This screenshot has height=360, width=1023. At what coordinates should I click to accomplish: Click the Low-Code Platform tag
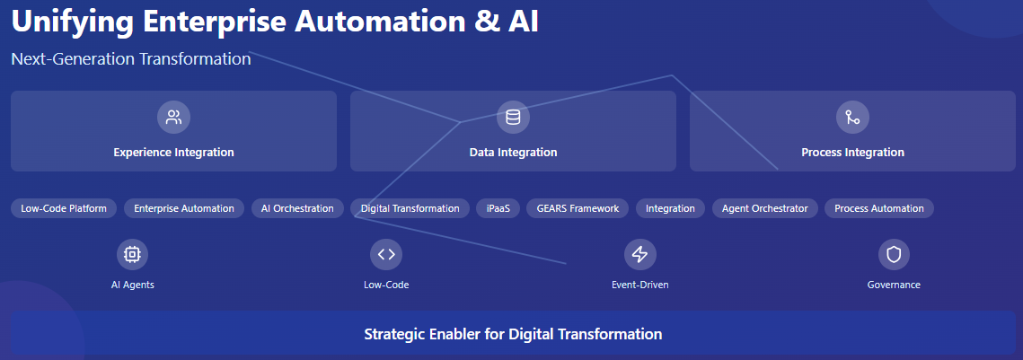[x=64, y=208]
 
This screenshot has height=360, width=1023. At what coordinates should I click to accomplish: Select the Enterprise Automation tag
[x=184, y=208]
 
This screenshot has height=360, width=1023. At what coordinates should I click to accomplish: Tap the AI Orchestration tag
[x=297, y=208]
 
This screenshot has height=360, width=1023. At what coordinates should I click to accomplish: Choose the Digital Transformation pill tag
[x=410, y=208]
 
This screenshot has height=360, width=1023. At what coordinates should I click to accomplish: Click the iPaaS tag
[x=498, y=208]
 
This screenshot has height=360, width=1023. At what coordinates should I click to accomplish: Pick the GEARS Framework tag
[x=578, y=208]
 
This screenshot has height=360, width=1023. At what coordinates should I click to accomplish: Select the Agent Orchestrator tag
[x=765, y=208]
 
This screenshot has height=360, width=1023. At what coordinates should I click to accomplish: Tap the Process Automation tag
[x=878, y=208]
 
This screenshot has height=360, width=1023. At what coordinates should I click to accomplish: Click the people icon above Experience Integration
[x=173, y=117]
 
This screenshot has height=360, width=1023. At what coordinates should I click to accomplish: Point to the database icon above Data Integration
[x=513, y=117]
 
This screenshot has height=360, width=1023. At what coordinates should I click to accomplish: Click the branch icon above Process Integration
[x=852, y=117]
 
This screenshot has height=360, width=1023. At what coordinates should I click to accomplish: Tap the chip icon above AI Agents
[x=132, y=254]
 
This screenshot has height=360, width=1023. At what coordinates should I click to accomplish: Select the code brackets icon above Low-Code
[x=386, y=254]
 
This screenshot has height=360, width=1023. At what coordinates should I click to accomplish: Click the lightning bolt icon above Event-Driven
[x=639, y=254]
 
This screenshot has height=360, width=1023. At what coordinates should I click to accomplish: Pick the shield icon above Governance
[x=894, y=254]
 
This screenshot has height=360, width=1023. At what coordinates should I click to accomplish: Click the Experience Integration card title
[x=173, y=153]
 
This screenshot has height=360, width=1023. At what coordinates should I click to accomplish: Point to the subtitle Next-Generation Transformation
[x=131, y=59]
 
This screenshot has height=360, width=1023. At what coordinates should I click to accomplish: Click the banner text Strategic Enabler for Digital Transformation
[x=513, y=334]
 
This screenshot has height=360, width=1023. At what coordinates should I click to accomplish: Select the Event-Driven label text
[x=639, y=285]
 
